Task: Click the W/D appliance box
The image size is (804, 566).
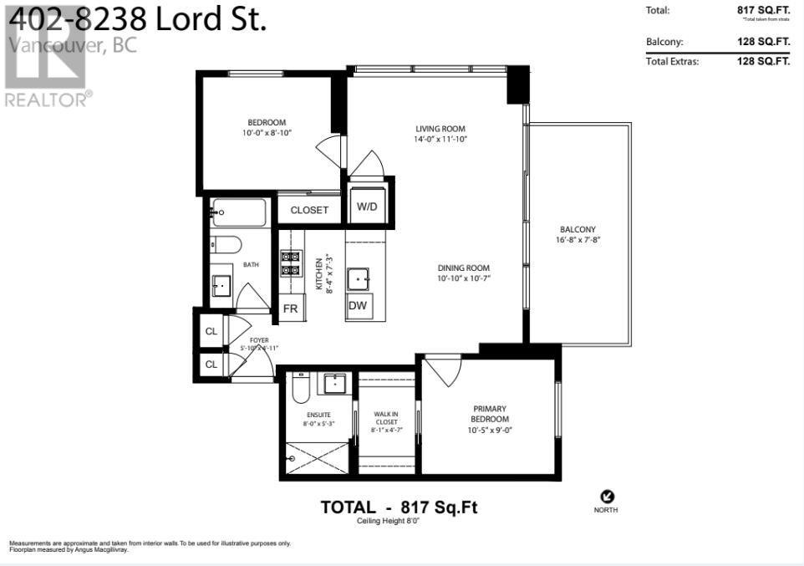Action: point(367,206)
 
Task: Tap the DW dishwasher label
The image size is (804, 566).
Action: point(358,306)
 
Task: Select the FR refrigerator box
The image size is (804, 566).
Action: point(291,308)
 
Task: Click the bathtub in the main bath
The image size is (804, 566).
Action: point(239,212)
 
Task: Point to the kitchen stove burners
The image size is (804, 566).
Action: point(290,263)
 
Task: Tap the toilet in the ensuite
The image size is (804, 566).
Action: point(300,389)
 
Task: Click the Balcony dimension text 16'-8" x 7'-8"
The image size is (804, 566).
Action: point(578,239)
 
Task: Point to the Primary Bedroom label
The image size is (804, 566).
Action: point(489,414)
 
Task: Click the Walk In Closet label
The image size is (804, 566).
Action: point(386,417)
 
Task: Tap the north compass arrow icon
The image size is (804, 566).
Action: point(607,497)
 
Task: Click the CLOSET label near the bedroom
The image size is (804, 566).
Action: point(309,210)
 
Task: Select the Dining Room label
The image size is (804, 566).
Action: point(463,268)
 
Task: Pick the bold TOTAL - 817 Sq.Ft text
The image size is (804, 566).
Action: point(399,507)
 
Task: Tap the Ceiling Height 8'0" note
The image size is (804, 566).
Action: point(399,521)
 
